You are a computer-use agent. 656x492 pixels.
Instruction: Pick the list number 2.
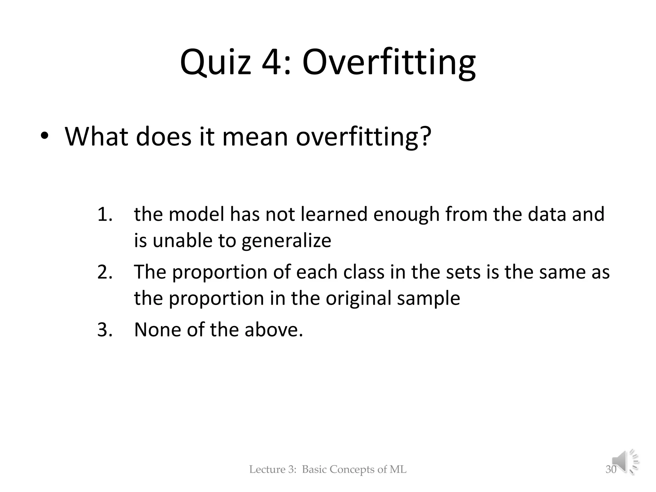pos(104,272)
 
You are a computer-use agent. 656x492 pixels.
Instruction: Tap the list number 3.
pos(104,330)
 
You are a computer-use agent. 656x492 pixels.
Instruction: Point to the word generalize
pos(286,241)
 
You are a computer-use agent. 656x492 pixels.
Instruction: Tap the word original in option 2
pos(358,298)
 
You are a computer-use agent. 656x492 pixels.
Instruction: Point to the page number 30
pos(611,470)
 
